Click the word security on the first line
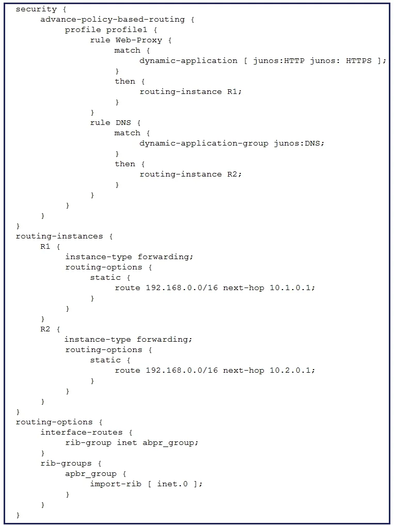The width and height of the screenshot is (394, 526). (36, 9)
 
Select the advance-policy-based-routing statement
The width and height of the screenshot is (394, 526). (113, 20)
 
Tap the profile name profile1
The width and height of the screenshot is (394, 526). (127, 30)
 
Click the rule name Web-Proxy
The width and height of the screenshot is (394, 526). (138, 40)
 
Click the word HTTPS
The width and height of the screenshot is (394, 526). (359, 61)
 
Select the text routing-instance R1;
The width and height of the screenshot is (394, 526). (191, 91)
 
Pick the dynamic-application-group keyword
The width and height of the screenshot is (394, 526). (204, 144)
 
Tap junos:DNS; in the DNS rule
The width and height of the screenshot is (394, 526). (300, 143)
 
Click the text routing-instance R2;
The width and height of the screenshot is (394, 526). (191, 174)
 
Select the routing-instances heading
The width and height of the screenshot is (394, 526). (59, 236)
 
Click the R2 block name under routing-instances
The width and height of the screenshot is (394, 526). (45, 329)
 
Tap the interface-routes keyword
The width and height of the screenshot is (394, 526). (82, 433)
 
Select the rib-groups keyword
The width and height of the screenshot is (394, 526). (66, 464)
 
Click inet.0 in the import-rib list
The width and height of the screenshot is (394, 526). (172, 484)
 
